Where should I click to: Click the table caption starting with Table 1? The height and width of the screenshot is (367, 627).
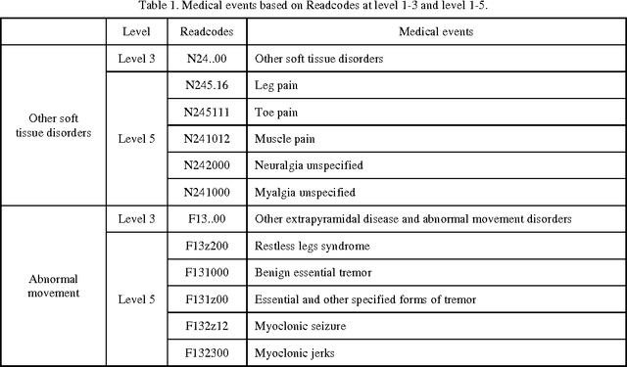[x=313, y=9]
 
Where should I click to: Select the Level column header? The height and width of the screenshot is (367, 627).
[x=136, y=32]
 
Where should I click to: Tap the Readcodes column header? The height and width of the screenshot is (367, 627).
[x=207, y=32]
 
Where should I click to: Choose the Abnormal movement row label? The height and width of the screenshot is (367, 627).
[x=55, y=286]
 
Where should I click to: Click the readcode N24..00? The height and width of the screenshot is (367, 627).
[x=207, y=59]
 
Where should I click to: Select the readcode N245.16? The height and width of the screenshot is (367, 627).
[x=207, y=85]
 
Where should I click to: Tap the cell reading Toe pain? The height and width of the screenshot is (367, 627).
[x=276, y=112]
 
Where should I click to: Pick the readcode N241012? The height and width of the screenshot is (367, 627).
[x=207, y=139]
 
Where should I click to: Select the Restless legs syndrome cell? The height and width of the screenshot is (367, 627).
[x=306, y=245]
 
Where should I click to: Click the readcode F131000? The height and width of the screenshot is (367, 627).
[x=207, y=271]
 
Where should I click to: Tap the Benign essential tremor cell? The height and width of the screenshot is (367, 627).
[x=306, y=271]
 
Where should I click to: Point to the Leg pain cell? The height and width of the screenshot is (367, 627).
[x=275, y=85]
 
